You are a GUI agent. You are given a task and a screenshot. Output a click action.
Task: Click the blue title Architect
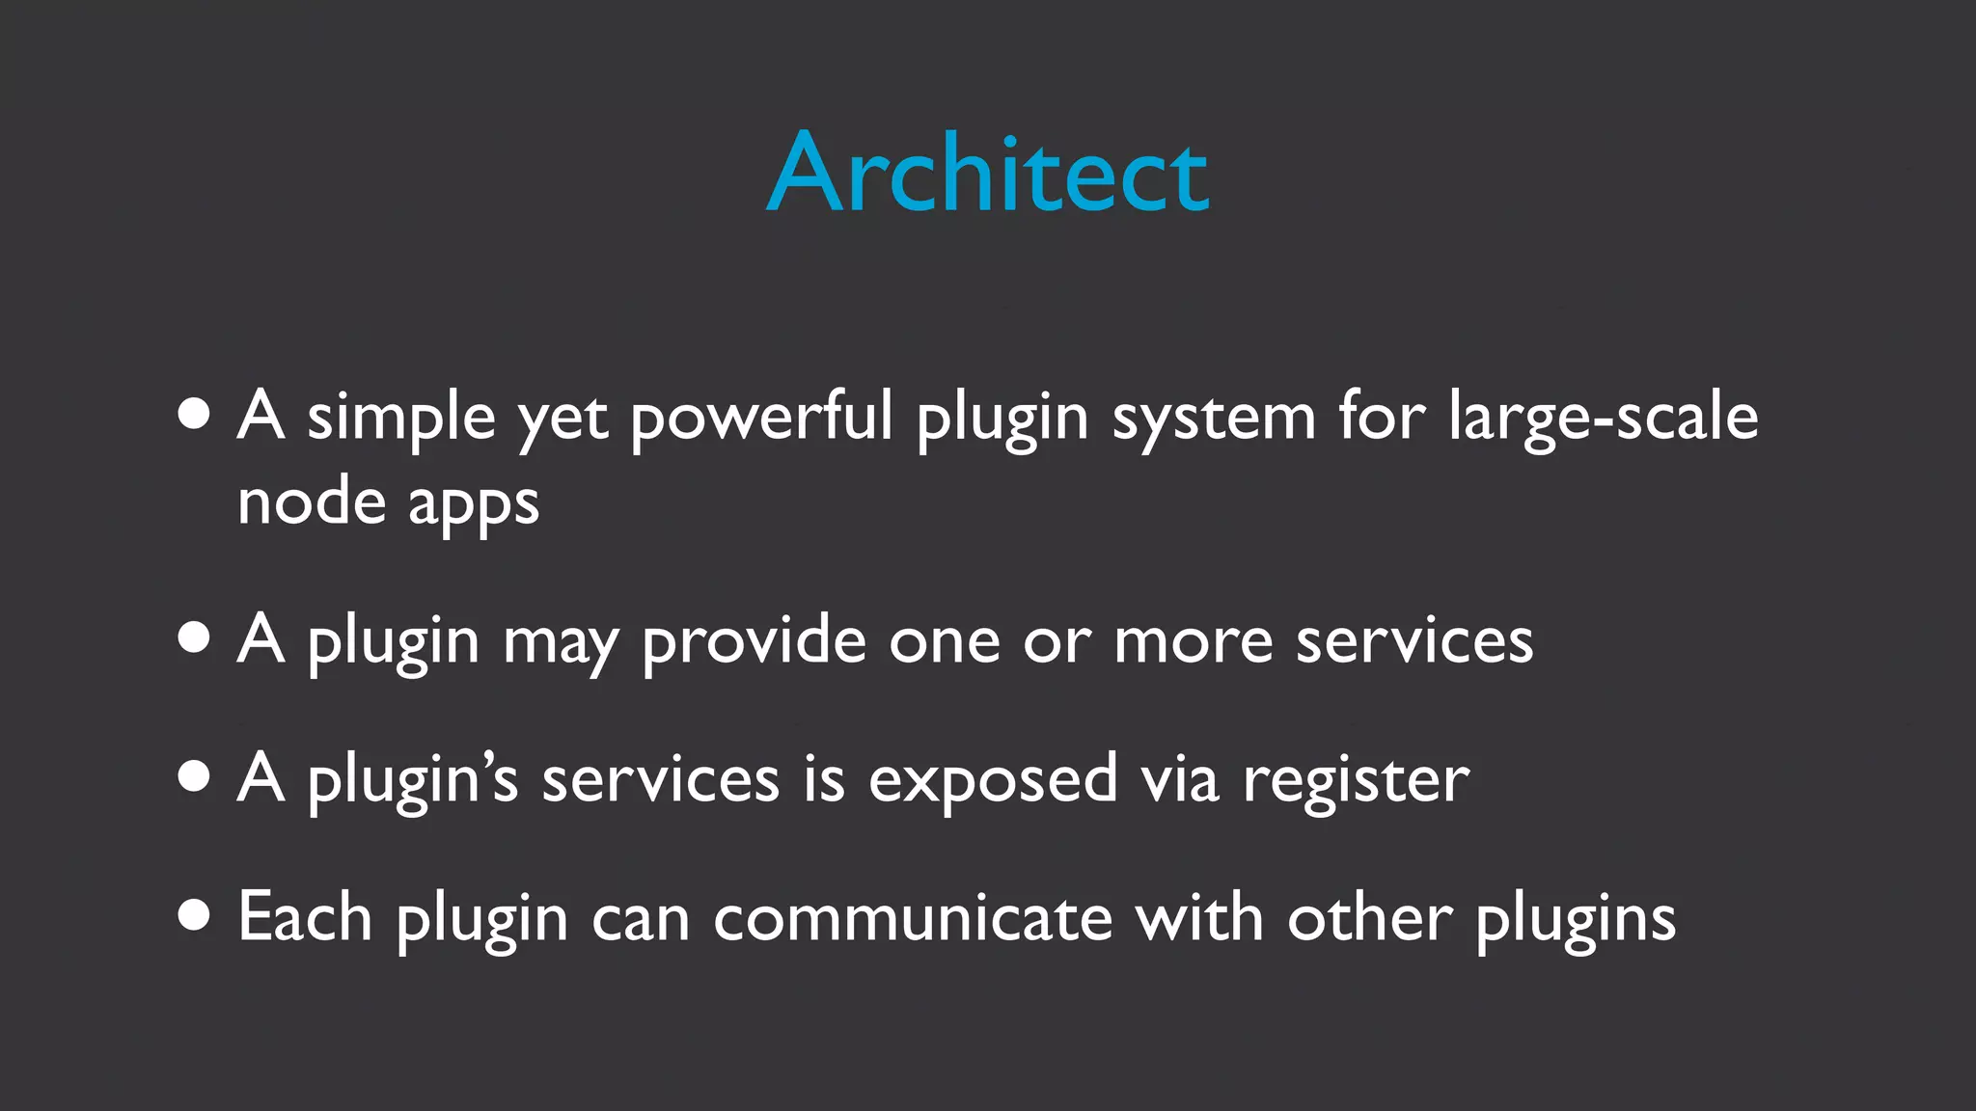pyautogui.click(x=987, y=174)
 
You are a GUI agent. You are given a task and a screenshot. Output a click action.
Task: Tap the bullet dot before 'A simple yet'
pyautogui.click(x=194, y=414)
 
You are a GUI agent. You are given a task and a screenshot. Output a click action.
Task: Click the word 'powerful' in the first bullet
pyautogui.click(x=761, y=418)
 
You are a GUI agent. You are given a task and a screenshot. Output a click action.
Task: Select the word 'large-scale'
pyautogui.click(x=1603, y=418)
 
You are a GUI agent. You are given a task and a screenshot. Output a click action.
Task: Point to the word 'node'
pyautogui.click(x=311, y=502)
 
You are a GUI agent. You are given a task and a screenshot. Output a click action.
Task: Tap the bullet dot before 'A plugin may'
pyautogui.click(x=194, y=637)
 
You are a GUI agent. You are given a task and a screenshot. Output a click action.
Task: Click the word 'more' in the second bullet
pyautogui.click(x=1194, y=641)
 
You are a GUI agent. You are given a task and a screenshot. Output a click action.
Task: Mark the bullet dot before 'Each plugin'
pyautogui.click(x=194, y=915)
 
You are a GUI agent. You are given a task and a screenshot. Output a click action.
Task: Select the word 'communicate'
pyautogui.click(x=913, y=918)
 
